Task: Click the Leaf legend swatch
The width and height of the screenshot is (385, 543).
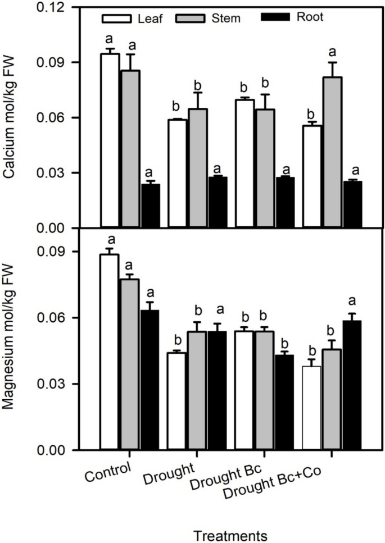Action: [111, 19]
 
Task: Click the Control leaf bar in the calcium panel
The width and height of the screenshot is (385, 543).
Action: [110, 140]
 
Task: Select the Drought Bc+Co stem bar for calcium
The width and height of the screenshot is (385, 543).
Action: [332, 152]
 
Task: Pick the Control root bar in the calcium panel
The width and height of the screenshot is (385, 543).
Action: [150, 206]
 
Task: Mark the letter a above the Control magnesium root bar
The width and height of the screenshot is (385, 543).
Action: [150, 293]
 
